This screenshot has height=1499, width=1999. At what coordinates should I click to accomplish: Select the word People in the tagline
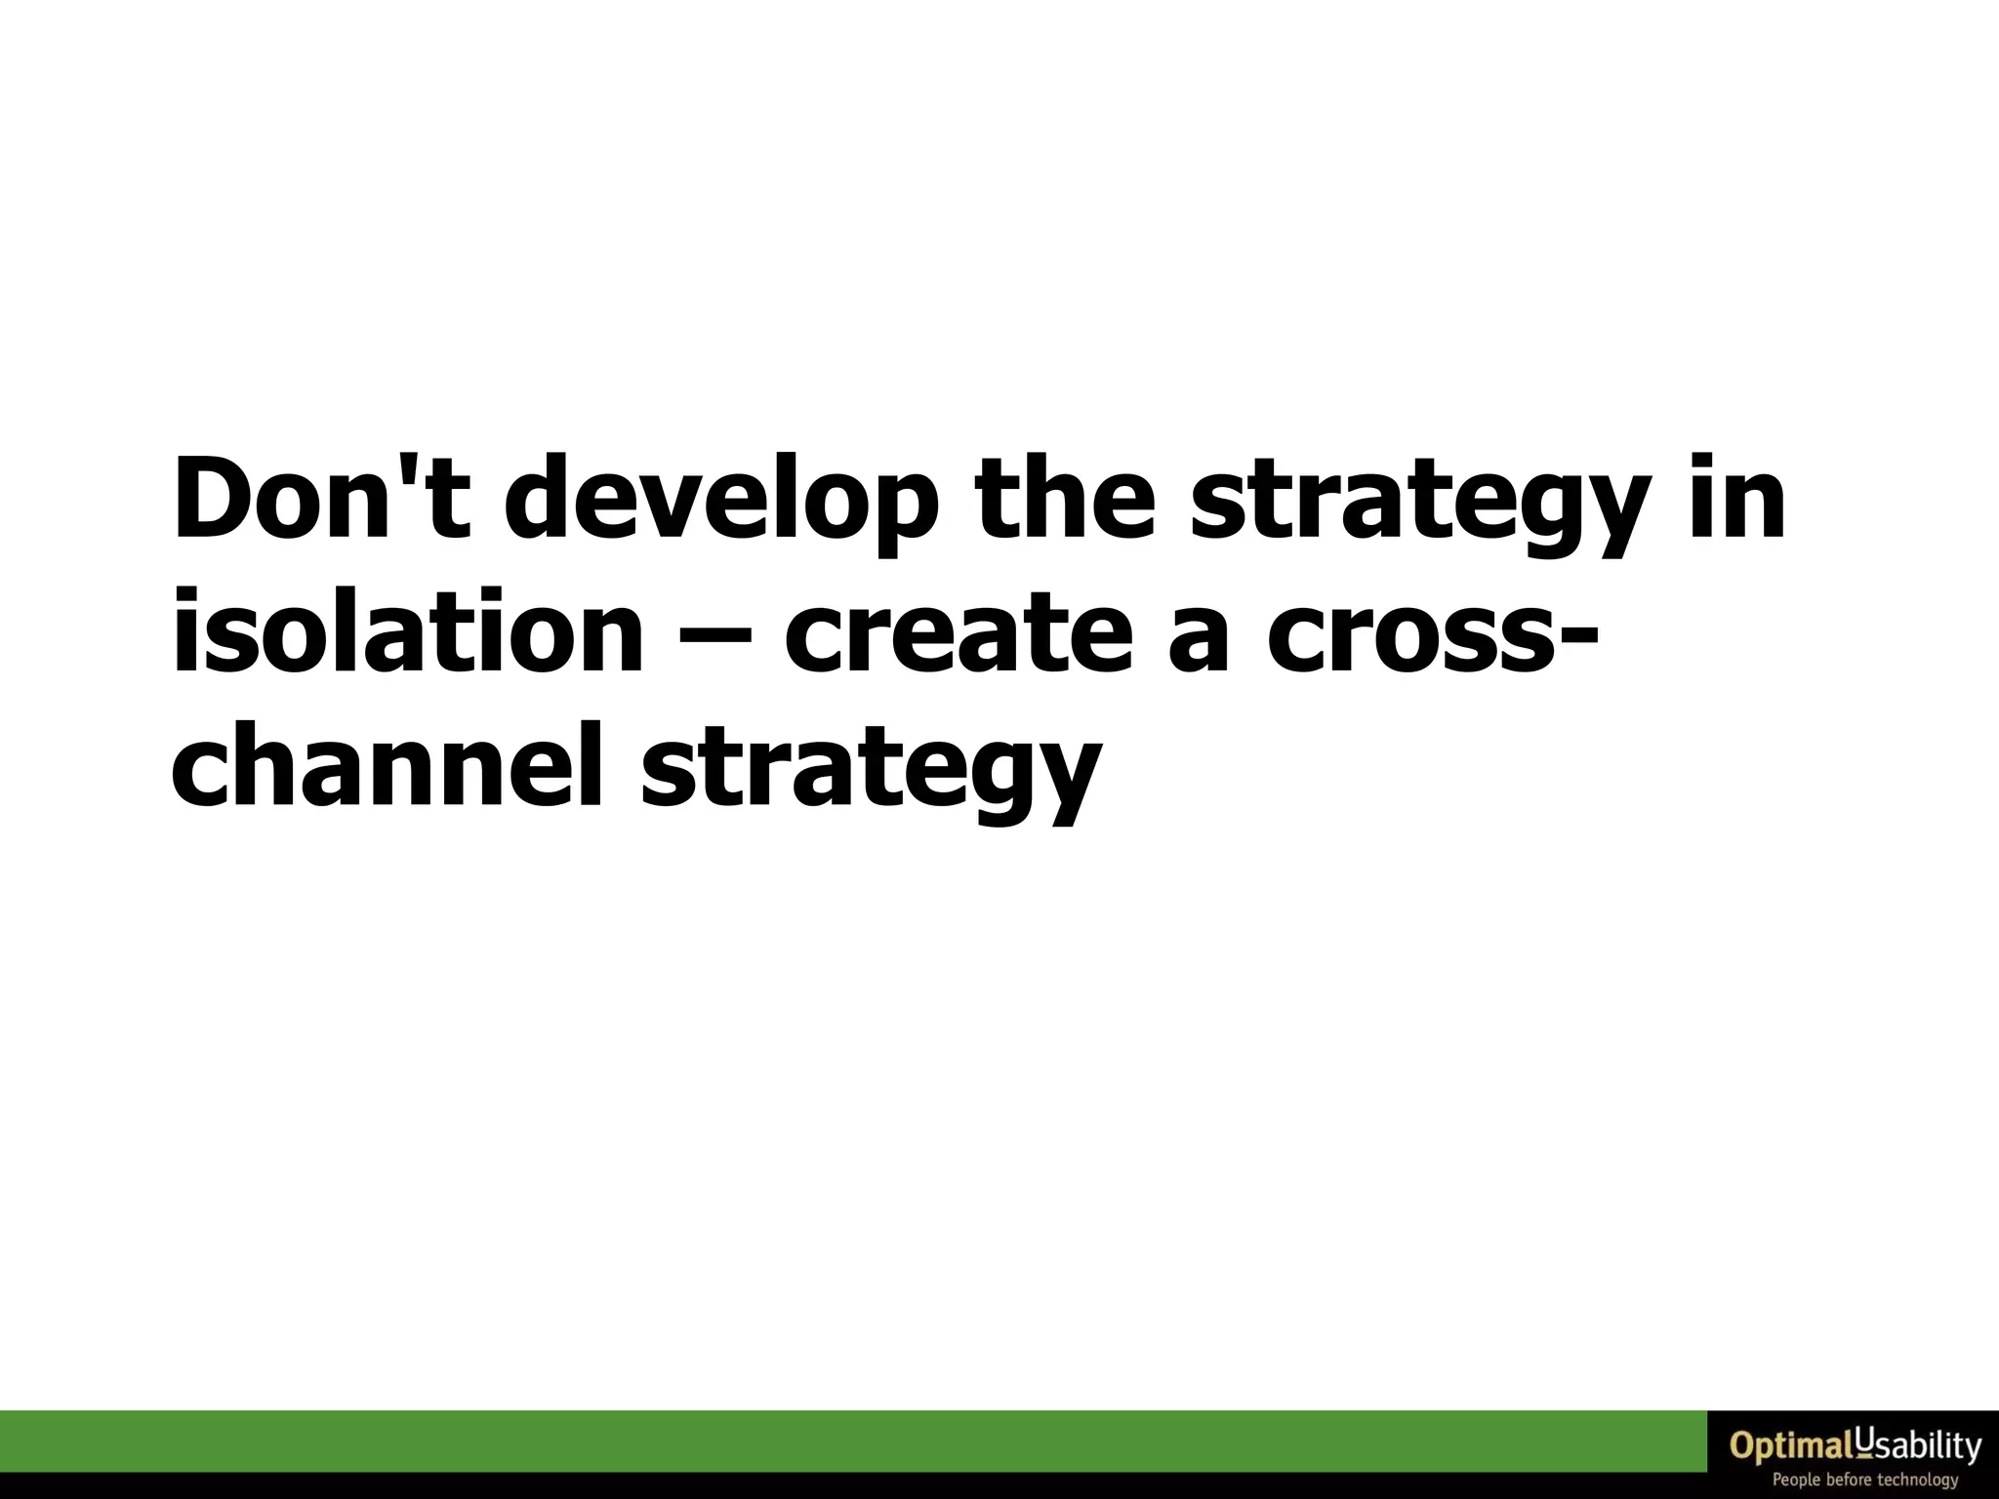point(1797,1479)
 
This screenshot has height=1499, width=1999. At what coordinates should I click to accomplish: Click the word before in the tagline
point(1849,1479)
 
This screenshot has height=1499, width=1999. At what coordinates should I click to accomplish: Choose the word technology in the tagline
point(1918,1480)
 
